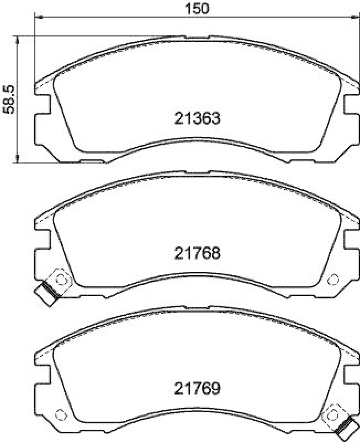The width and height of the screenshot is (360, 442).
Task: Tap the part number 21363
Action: click(197, 118)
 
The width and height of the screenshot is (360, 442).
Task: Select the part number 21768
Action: click(197, 253)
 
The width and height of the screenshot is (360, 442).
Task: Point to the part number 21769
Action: click(197, 388)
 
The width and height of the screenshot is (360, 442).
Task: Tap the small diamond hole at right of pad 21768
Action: click(333, 278)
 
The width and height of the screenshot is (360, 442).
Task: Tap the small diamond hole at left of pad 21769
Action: click(61, 414)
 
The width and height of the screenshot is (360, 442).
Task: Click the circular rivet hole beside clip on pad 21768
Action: click(60, 280)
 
